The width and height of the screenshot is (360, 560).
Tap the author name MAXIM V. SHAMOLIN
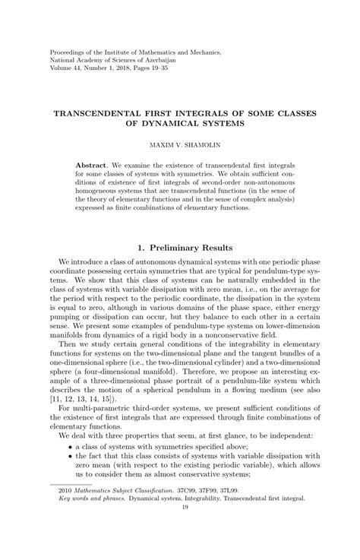click(180, 142)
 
